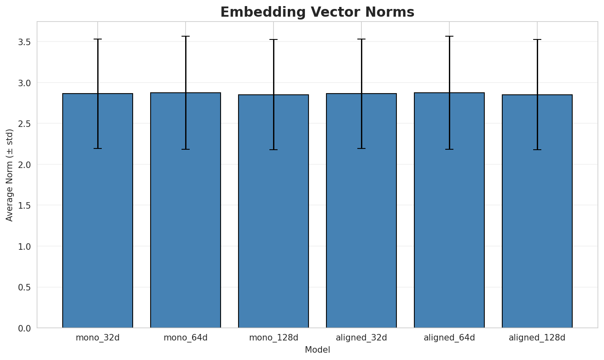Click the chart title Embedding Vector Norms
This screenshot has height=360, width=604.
point(317,12)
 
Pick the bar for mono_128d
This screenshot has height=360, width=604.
point(274,211)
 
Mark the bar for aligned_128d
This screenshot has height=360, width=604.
point(537,211)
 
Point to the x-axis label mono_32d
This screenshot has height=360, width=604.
point(98,338)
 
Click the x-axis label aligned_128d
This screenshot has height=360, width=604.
point(537,338)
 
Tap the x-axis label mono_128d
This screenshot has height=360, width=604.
point(274,338)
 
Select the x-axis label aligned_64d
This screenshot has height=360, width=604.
point(449,338)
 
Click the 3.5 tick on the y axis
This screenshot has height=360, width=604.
point(24,42)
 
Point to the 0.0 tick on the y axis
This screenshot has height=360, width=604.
point(24,328)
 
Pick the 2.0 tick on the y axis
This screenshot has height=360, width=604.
point(24,165)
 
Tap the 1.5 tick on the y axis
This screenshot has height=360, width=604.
point(24,205)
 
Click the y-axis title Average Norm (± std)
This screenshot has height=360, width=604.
point(10,175)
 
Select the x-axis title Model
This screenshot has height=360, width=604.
point(317,350)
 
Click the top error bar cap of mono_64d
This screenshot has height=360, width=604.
point(186,36)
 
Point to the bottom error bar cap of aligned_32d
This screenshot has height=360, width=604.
point(361,148)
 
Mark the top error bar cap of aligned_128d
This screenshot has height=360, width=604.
point(537,39)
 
